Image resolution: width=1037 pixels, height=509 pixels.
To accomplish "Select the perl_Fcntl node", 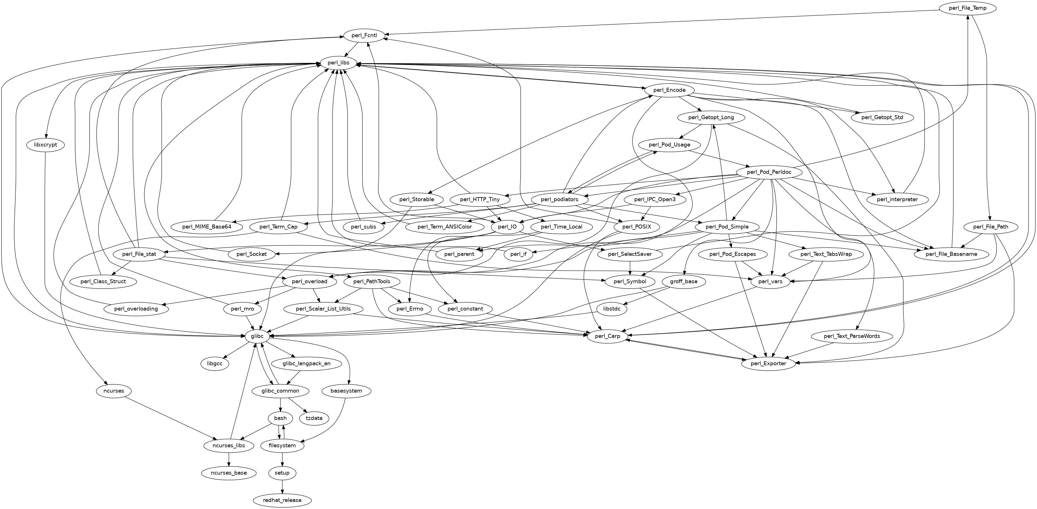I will [x=364, y=35].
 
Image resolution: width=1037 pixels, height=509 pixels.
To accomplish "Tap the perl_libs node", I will [x=338, y=63].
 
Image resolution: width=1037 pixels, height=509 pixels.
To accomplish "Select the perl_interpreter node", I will [x=897, y=199].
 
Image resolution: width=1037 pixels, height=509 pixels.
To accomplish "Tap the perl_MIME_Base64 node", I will [x=207, y=227].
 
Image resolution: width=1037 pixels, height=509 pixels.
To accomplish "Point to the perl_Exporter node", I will [x=769, y=363].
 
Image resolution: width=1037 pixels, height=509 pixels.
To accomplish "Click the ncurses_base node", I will [x=229, y=473].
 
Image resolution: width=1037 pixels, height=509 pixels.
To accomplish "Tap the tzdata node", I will [x=314, y=418].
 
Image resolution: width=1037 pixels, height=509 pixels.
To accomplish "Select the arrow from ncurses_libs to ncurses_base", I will [x=229, y=459].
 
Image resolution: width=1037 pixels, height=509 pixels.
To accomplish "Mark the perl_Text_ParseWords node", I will [x=851, y=336].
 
